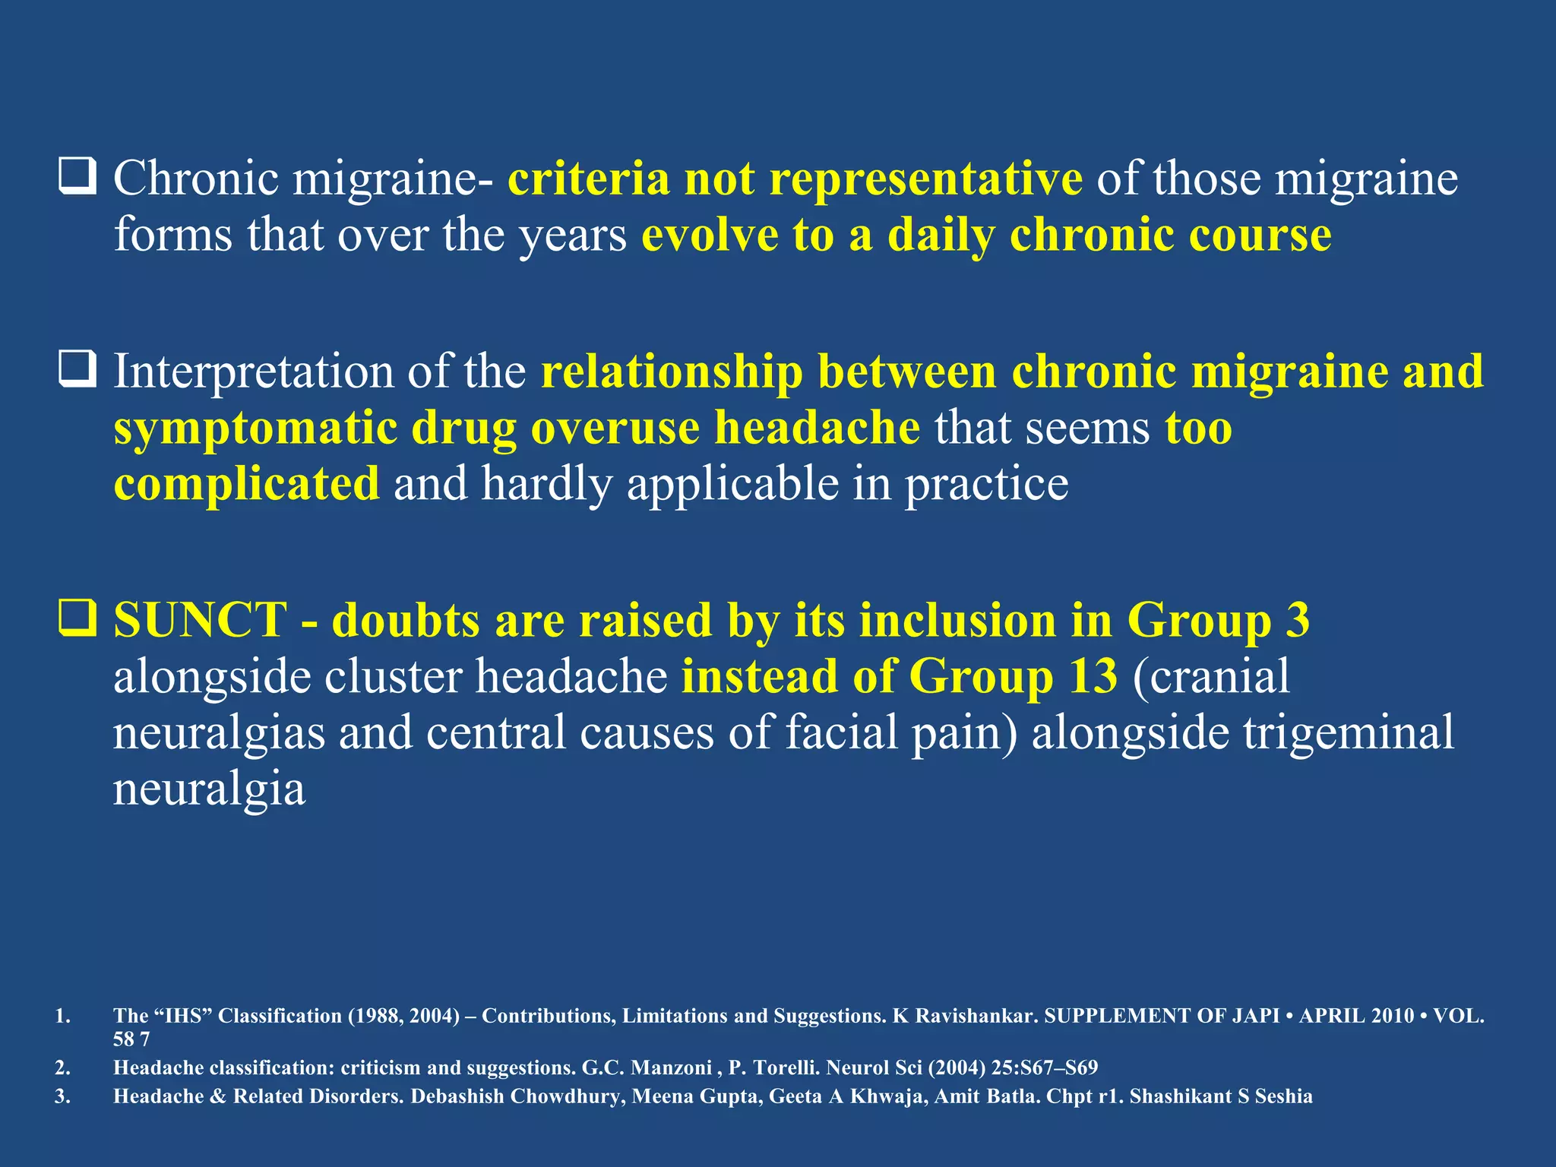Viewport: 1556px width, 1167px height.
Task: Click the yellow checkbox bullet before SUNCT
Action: click(x=77, y=618)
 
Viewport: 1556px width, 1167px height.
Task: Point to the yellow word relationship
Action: click(x=672, y=372)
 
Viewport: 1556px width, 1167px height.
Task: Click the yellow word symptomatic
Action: click(x=255, y=429)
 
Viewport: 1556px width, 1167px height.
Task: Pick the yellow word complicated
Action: click(x=246, y=484)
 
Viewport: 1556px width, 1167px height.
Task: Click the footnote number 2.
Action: click(x=62, y=1067)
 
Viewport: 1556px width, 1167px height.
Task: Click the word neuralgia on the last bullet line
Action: click(x=209, y=789)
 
